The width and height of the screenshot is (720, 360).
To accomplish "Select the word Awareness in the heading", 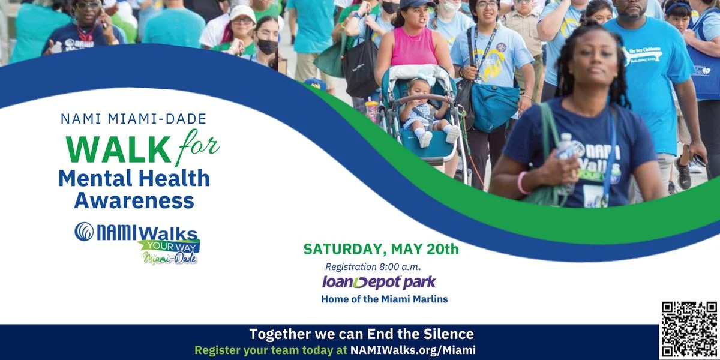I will tap(134, 200).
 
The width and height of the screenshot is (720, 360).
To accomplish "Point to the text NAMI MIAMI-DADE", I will tap(133, 119).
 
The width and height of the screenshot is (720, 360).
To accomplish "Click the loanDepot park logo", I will tap(379, 282).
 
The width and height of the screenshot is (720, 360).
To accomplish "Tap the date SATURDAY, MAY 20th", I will tap(380, 248).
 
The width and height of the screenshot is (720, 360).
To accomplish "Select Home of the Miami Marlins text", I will tap(384, 299).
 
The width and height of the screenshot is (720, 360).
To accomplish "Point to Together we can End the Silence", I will tap(361, 334).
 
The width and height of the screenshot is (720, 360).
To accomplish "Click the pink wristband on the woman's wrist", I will tap(521, 182).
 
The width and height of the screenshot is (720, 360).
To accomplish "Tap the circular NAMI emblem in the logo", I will tap(84, 232).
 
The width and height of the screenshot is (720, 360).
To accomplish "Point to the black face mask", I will tap(268, 46).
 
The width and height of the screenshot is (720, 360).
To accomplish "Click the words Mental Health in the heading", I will tap(134, 179).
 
